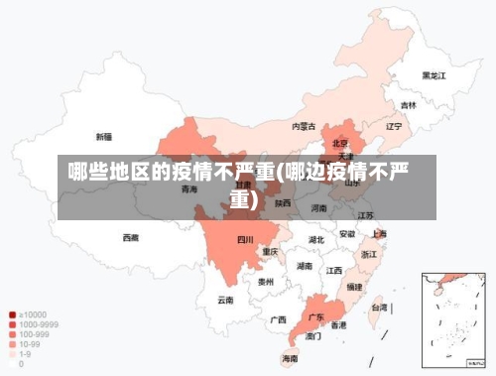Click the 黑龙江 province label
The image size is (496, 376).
pyautogui.click(x=434, y=74)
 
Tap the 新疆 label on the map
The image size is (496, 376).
pyautogui.click(x=104, y=136)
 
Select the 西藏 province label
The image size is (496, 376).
pyautogui.click(x=131, y=238)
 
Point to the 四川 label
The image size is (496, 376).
pyautogui.click(x=245, y=240)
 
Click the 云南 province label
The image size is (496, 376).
pyautogui.click(x=226, y=300)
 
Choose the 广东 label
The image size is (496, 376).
pyautogui.click(x=316, y=317)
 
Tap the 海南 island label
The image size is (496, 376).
pyautogui.click(x=290, y=358)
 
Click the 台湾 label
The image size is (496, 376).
pyautogui.click(x=379, y=308)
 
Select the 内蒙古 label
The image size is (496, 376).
pyautogui.click(x=304, y=127)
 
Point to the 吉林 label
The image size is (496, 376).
pyautogui.click(x=409, y=105)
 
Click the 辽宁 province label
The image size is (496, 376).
pyautogui.click(x=394, y=127)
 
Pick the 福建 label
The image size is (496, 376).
pyautogui.click(x=354, y=287)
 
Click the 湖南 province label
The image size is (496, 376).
pyautogui.click(x=305, y=267)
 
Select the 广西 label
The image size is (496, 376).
pyautogui.click(x=279, y=319)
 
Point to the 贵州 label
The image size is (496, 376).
pyautogui.click(x=265, y=282)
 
